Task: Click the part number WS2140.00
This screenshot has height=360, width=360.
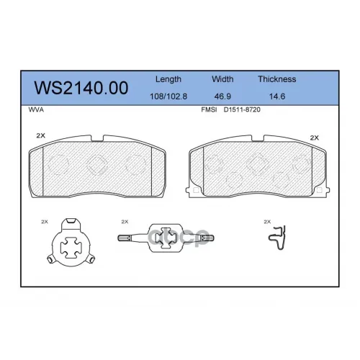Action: [x=81, y=88]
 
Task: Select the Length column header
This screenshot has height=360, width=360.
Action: [x=168, y=79]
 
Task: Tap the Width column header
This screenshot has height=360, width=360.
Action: [x=222, y=79]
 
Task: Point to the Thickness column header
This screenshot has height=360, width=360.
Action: [x=277, y=79]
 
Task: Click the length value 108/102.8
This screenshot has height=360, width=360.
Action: [x=168, y=96]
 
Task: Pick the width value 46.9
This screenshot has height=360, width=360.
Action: [x=222, y=96]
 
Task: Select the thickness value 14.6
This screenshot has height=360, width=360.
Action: [x=277, y=96]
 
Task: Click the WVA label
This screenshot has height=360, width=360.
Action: [x=36, y=109]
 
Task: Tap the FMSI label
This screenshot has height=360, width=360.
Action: [x=209, y=109]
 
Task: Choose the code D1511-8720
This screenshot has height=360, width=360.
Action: [x=242, y=109]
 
